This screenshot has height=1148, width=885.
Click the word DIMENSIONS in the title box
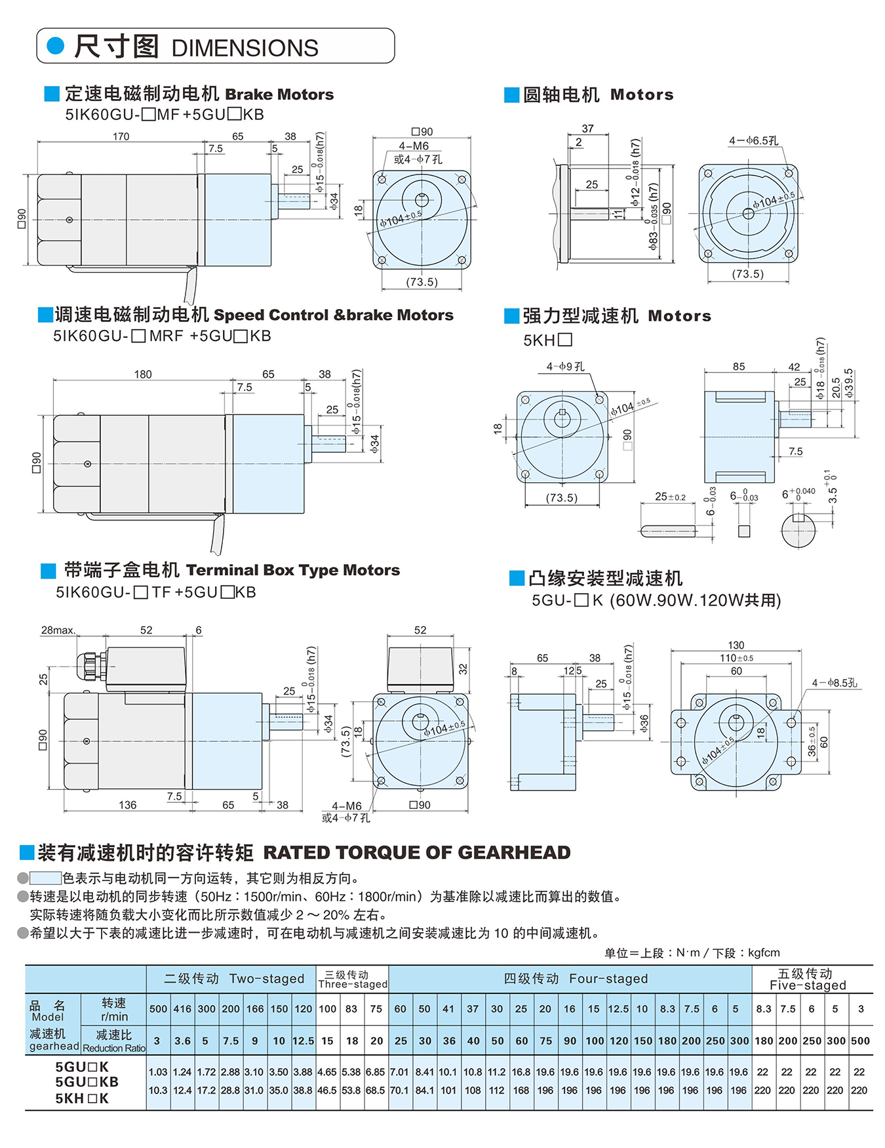click(x=245, y=48)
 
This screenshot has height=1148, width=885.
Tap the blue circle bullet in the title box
click(x=56, y=45)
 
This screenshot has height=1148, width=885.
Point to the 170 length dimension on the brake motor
click(x=121, y=136)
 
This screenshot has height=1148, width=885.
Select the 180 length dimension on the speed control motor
click(x=143, y=375)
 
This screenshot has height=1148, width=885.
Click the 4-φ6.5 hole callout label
click(x=753, y=140)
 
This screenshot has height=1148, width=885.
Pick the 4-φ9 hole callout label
click(x=566, y=366)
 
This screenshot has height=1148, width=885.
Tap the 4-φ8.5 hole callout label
click(x=834, y=683)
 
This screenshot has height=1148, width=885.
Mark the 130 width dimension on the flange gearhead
click(x=736, y=645)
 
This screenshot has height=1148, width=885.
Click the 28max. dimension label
click(x=58, y=630)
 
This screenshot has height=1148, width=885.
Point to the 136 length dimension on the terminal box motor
click(x=128, y=805)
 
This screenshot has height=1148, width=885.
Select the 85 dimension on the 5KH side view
click(x=739, y=367)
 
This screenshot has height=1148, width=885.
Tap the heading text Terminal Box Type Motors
click(x=293, y=570)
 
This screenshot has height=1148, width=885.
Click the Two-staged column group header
click(x=234, y=979)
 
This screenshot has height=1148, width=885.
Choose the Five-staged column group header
click(x=807, y=979)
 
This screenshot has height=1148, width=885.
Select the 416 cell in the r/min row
click(x=182, y=1009)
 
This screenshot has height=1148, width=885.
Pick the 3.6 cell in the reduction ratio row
click(x=182, y=1040)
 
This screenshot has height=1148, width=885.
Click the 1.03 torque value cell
click(x=158, y=1072)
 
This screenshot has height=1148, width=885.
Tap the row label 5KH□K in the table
click(x=82, y=1098)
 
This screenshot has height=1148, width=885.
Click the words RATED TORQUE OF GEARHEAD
click(x=417, y=852)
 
